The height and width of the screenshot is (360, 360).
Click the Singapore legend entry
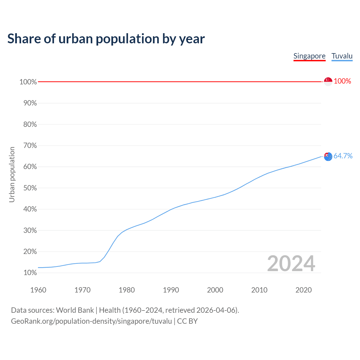coord(309,56)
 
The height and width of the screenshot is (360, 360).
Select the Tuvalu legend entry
coord(342,56)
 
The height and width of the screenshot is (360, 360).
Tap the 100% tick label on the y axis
coord(28,82)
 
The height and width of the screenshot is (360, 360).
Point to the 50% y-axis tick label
coord(30,188)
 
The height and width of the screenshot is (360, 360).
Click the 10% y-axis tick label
coord(30,273)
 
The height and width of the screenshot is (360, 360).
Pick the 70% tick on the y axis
coord(30,146)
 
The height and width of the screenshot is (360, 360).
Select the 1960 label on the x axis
coord(38,290)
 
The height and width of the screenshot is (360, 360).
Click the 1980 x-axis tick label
coord(127,290)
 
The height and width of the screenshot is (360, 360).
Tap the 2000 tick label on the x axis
coord(215,290)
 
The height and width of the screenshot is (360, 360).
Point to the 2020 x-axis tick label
coord(303,290)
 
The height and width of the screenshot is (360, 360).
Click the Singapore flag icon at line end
coord(328,82)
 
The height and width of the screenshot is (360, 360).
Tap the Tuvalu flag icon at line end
coord(328,156)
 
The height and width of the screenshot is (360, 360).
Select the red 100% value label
coord(343,81)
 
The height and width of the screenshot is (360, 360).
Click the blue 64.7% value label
coord(343,156)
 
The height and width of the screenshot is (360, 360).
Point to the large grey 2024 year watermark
coord(291,264)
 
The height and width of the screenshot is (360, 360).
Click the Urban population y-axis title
coord(12,174)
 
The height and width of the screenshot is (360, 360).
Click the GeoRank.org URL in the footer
coord(91,321)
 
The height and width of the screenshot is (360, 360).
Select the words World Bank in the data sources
coord(75,310)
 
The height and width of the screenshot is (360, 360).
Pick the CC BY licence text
coord(187,321)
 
